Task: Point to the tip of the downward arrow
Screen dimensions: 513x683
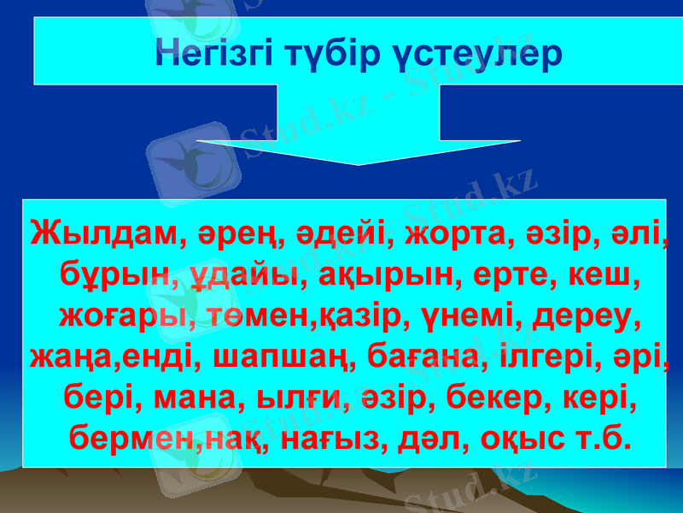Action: click(x=359, y=163)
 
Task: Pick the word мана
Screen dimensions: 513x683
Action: click(x=187, y=398)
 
